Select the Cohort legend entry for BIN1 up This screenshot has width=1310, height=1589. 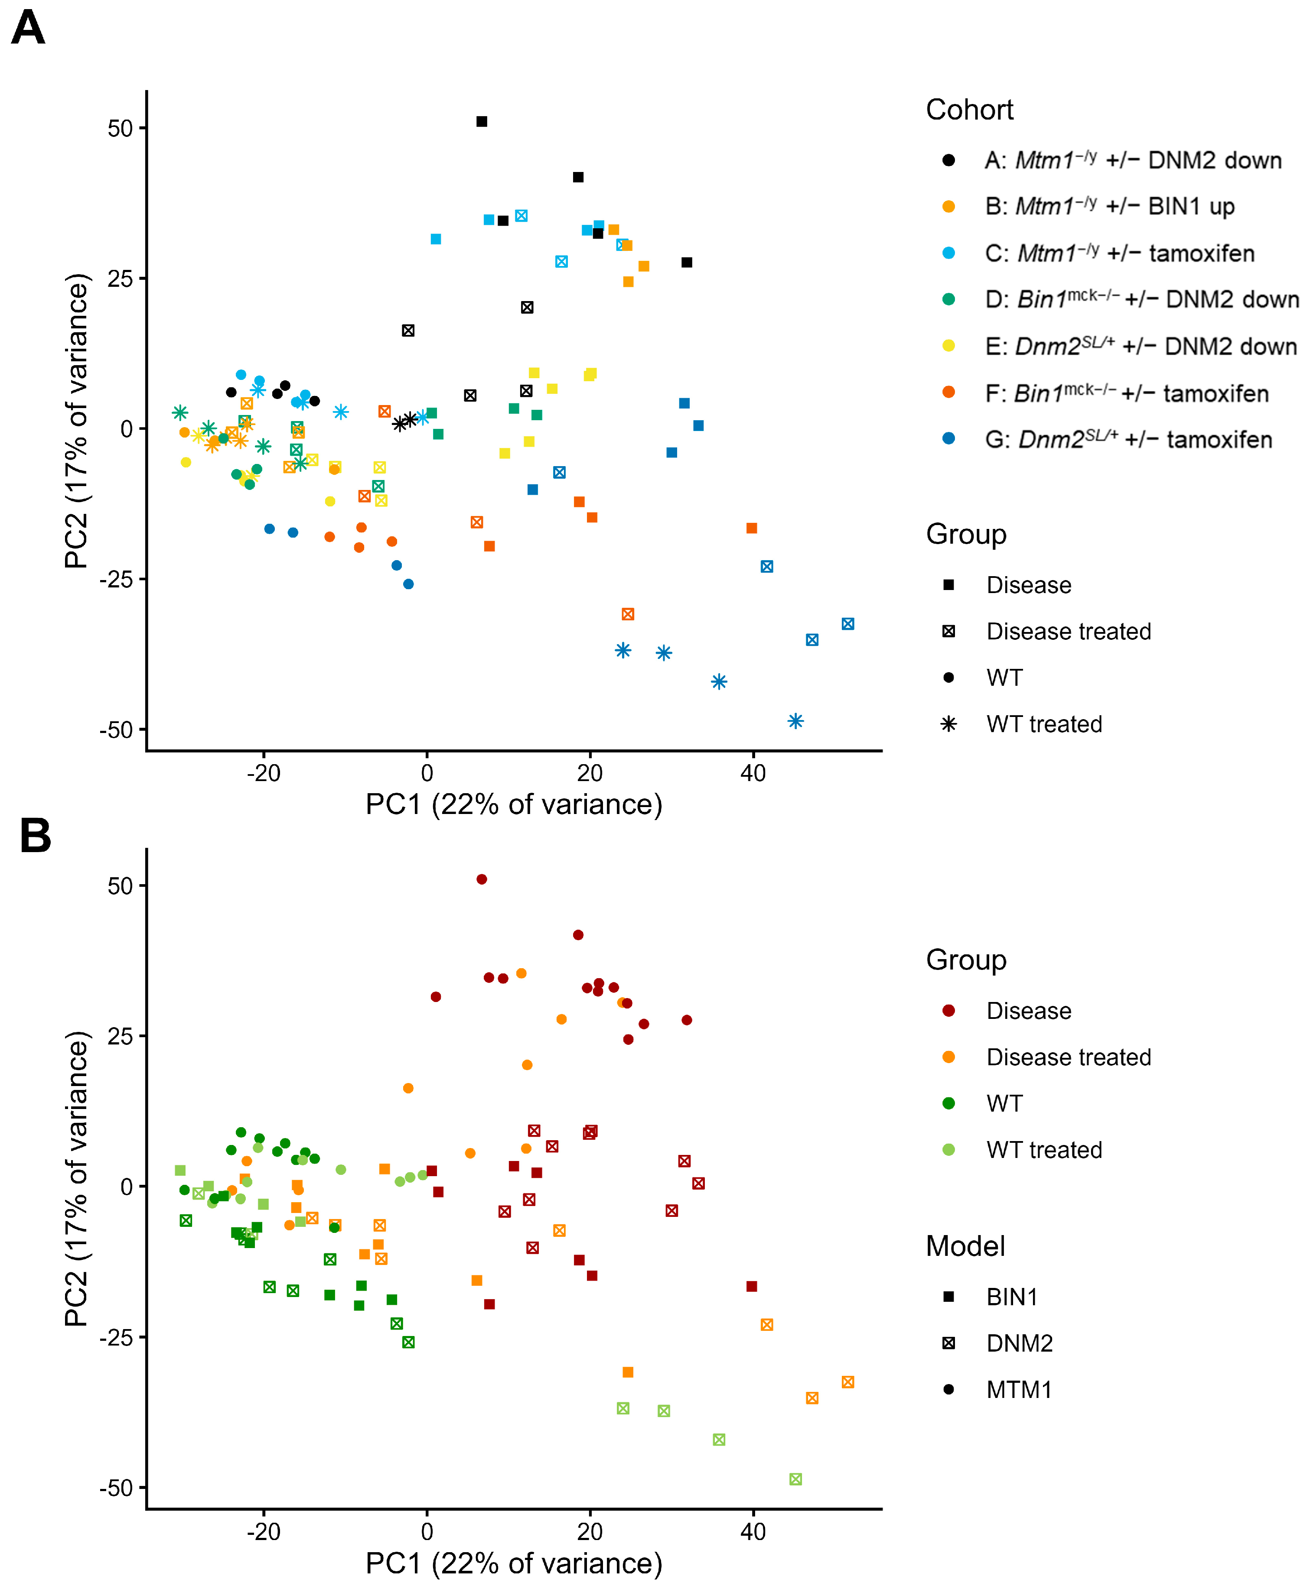click(x=1109, y=206)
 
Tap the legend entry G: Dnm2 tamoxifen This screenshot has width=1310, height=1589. click(x=1128, y=439)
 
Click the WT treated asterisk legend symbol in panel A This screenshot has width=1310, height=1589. click(x=948, y=724)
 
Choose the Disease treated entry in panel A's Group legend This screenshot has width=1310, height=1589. click(x=1069, y=631)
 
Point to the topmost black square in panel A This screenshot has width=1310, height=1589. click(x=482, y=121)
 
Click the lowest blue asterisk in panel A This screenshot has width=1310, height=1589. click(x=795, y=721)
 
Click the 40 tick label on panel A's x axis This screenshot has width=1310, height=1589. click(x=753, y=772)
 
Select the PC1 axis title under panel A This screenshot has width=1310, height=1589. click(x=514, y=805)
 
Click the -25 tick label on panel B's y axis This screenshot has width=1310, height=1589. click(x=116, y=1337)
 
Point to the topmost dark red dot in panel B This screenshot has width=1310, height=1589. click(x=482, y=879)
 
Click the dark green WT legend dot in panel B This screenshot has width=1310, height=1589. click(x=948, y=1103)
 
